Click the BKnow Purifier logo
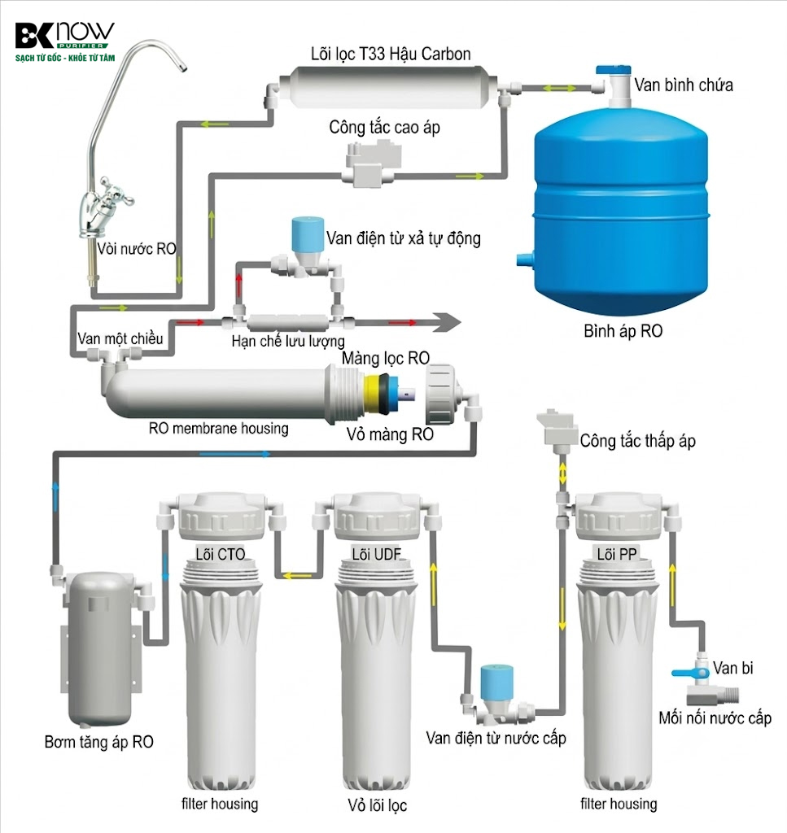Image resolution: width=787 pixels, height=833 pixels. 64,42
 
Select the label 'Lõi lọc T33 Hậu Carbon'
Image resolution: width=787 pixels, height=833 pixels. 391,54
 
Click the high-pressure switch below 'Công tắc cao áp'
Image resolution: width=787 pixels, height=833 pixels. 373,162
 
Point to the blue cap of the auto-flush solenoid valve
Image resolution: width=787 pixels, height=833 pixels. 308,233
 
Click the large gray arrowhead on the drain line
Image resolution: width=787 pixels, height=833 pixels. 446,322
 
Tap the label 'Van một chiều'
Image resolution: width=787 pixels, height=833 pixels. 120,338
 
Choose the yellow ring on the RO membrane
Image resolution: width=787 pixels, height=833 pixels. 369,393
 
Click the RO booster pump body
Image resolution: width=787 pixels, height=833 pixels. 102,648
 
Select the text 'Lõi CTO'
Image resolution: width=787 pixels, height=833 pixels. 220,554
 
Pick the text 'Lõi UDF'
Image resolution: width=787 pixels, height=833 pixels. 376,554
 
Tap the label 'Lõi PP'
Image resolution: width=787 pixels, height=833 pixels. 616,554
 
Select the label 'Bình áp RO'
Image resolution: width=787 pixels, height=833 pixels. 623,331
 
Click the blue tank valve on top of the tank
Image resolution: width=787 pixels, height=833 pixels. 614,71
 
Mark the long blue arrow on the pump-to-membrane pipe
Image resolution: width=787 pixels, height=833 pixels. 235,454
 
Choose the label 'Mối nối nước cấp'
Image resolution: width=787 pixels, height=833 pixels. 715,718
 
